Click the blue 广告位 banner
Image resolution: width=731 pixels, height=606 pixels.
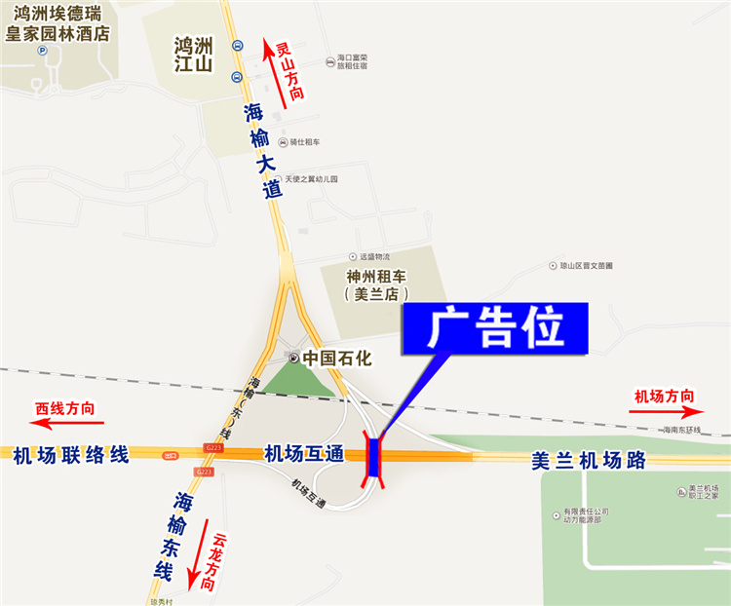click(496, 328)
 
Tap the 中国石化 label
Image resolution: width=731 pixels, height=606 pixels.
click(337, 358)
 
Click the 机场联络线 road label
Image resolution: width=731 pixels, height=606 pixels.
click(71, 454)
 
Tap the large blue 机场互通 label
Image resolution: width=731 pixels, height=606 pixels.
click(304, 453)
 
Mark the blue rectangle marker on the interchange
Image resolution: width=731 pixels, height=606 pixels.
click(375, 457)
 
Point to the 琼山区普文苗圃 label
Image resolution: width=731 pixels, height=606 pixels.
click(586, 265)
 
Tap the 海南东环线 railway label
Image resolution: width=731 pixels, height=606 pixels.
click(681, 430)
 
